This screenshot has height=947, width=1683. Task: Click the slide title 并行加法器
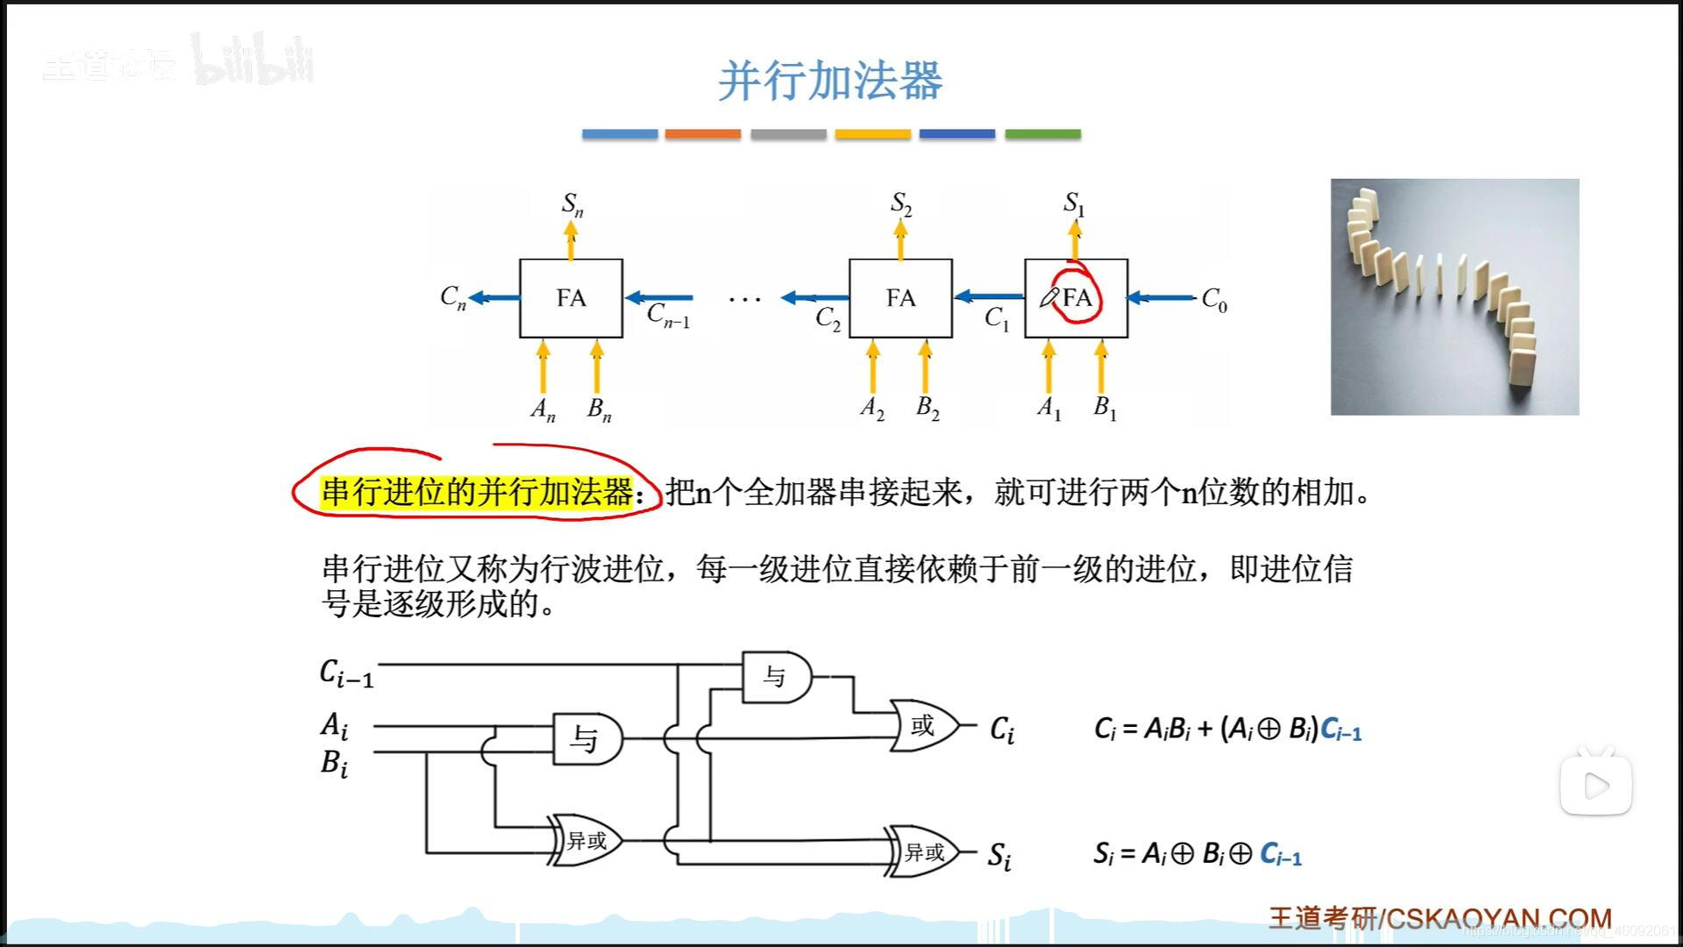[829, 81]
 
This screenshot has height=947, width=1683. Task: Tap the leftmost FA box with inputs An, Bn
[571, 298]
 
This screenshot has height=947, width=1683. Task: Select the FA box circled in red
[1076, 298]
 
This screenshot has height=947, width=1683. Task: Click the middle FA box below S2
[900, 298]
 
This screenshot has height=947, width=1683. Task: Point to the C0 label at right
[1214, 300]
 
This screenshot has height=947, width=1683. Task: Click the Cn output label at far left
[452, 297]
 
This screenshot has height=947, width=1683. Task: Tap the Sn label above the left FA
[572, 204]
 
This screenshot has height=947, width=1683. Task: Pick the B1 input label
[1104, 408]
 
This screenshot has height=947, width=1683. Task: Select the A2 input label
[872, 408]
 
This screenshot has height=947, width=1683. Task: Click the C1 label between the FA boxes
[997, 317]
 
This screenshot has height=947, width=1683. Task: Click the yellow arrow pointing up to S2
[900, 239]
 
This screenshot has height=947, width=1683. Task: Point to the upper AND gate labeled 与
[776, 676]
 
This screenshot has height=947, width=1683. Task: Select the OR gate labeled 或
[923, 725]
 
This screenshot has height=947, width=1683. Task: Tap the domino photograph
[1454, 296]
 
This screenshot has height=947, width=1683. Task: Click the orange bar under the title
[702, 134]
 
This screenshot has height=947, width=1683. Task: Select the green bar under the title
[1042, 134]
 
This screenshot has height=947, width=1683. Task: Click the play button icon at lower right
[1595, 786]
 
